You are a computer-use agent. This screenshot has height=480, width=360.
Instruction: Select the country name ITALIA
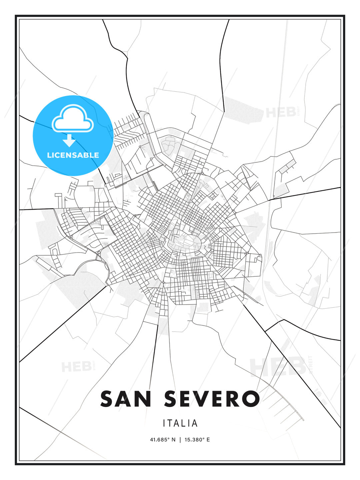pos(180,423)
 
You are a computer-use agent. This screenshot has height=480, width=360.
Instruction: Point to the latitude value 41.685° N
pos(163,440)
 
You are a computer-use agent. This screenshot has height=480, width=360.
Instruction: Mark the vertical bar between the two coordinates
pos(180,440)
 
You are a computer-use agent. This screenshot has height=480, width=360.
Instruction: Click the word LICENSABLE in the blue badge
pos(73,155)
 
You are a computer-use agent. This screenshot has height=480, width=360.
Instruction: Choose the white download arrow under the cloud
pos(69,140)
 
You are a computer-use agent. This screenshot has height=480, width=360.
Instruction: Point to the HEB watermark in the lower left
pos(76,367)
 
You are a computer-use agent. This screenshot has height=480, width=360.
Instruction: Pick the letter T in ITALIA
pos(171,423)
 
